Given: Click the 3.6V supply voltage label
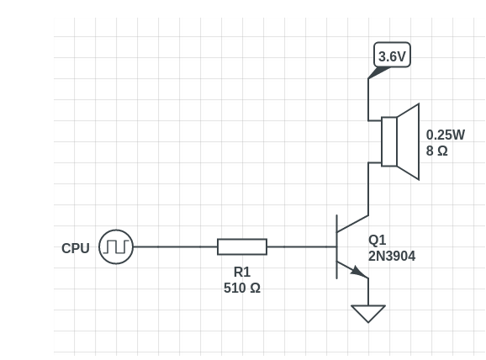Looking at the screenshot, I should tap(392, 56).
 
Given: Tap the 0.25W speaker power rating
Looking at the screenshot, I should tap(445, 135).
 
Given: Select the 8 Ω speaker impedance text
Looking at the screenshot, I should tap(436, 151).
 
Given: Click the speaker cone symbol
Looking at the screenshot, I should tap(408, 141).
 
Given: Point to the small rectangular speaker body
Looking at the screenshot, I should tap(388, 141).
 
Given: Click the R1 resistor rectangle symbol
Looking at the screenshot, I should tap(242, 246).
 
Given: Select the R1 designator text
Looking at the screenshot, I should tap(242, 272).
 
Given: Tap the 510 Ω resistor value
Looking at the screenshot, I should tap(242, 288).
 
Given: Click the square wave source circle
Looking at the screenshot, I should tap(116, 246).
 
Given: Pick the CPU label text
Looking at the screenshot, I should tap(76, 248).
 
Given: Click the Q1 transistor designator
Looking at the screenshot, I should tap(378, 241).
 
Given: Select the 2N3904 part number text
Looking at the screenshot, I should tap(392, 257).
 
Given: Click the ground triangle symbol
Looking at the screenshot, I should tap(368, 313).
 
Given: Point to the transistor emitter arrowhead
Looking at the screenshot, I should tap(360, 272).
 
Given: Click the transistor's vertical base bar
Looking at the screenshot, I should tap(336, 246).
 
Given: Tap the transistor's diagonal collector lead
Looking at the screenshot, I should tap(352, 222).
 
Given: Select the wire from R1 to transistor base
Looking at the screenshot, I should tap(301, 246).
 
